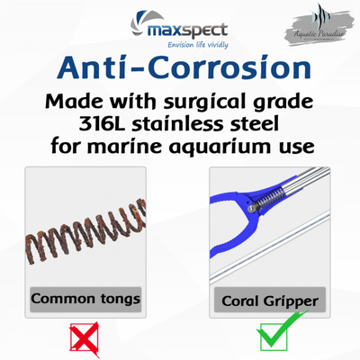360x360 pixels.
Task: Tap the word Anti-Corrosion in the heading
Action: click(180, 68)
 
